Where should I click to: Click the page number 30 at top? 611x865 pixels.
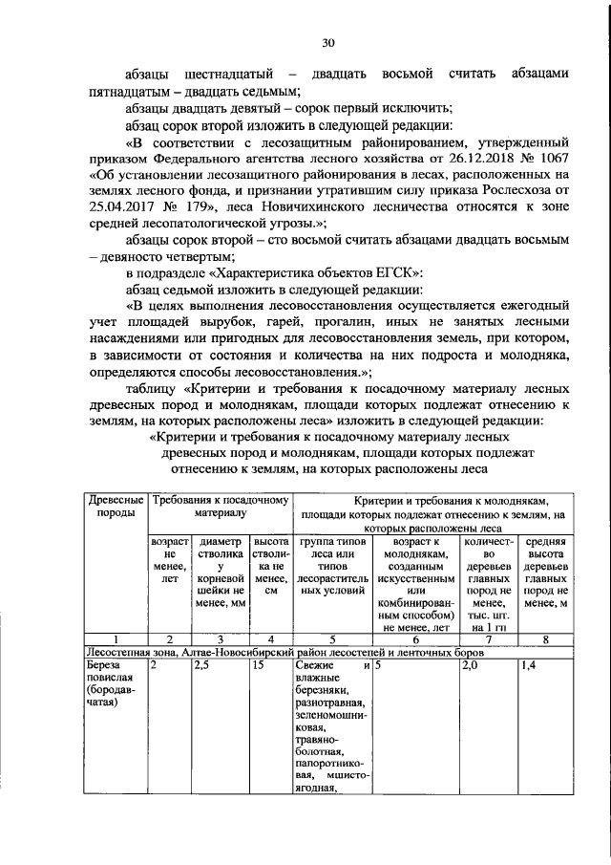327,43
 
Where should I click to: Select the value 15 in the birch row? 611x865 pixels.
259,666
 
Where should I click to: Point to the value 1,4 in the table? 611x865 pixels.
529,666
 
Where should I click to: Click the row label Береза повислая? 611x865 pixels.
106,673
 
